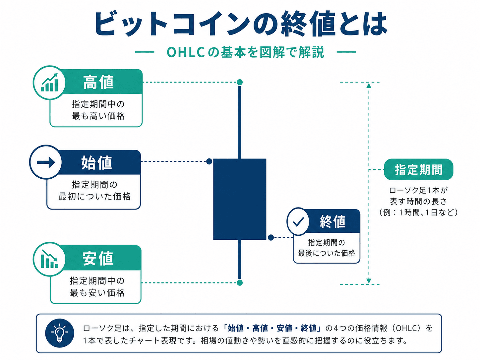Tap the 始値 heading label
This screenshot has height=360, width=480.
tap(96, 163)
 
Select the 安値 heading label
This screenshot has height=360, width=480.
tap(97, 258)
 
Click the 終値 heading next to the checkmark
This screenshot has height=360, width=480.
tap(332, 222)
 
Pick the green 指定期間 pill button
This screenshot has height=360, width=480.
tap(419, 170)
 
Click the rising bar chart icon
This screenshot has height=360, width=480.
tap(49, 83)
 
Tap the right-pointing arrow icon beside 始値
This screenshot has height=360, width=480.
tap(46, 162)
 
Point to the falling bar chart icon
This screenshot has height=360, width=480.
tap(49, 259)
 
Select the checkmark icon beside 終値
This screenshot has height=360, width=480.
tap(298, 222)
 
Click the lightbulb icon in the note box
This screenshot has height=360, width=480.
tap(59, 333)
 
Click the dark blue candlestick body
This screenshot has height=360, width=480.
tap(240, 199)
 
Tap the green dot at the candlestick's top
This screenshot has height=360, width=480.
tap(240, 82)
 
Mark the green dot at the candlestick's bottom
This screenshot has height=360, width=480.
tap(240, 283)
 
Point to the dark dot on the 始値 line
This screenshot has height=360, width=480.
tap(209, 161)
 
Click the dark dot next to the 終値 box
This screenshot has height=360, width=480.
tap(271, 237)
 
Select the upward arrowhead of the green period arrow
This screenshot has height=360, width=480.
tap(369, 86)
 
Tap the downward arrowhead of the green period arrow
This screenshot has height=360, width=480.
tap(369, 281)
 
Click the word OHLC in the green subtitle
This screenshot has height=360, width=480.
tap(186, 52)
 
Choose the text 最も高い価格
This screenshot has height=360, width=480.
tap(98, 116)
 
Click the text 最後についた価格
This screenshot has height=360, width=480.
tap(326, 253)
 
